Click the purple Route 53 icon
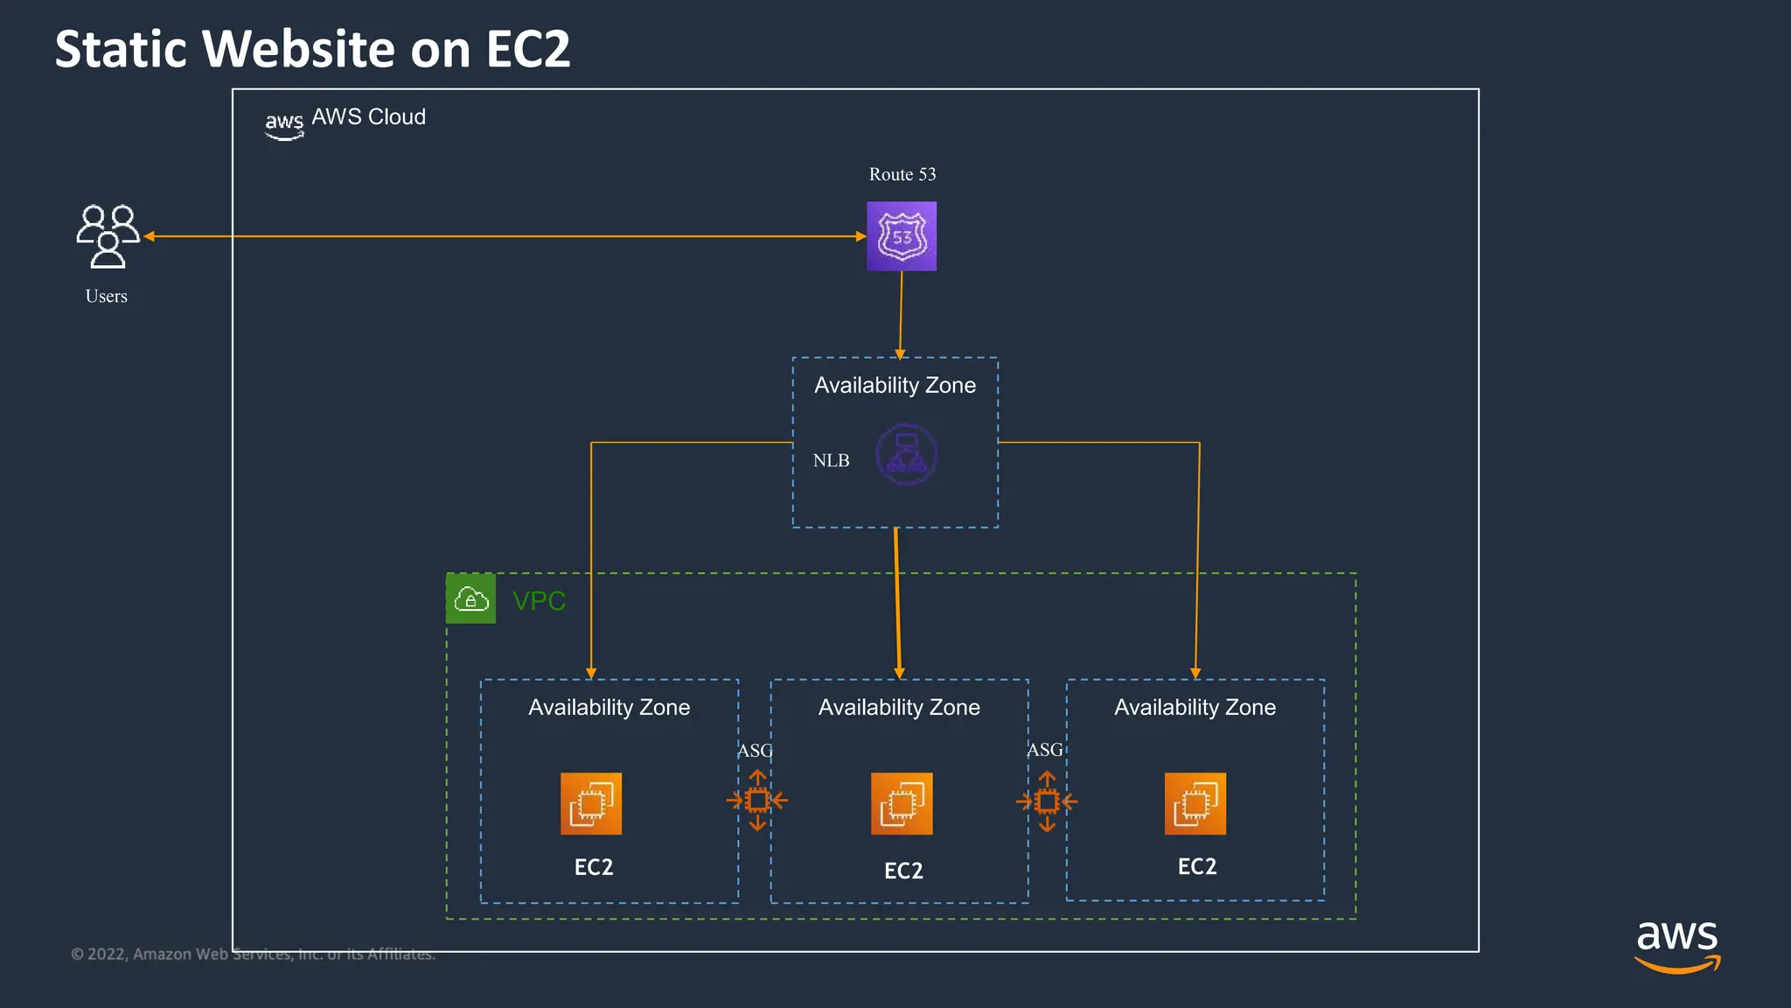tap(901, 236)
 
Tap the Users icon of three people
tap(108, 236)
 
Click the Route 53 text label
tap(902, 174)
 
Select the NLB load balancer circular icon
tap(906, 455)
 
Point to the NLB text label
tap(831, 460)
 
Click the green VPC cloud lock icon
tap(470, 599)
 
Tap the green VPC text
tap(539, 601)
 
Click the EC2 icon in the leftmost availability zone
tap(591, 803)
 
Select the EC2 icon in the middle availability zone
tap(902, 803)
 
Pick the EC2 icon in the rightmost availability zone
tap(1195, 803)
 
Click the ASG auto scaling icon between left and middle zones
tap(757, 800)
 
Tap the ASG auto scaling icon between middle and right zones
tap(1047, 801)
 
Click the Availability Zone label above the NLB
tap(895, 385)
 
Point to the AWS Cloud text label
tap(368, 117)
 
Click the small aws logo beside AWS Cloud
tap(284, 125)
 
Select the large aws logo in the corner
tap(1676, 945)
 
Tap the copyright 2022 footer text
tap(253, 954)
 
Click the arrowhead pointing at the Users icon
tap(150, 236)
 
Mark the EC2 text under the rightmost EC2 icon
tap(1196, 866)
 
